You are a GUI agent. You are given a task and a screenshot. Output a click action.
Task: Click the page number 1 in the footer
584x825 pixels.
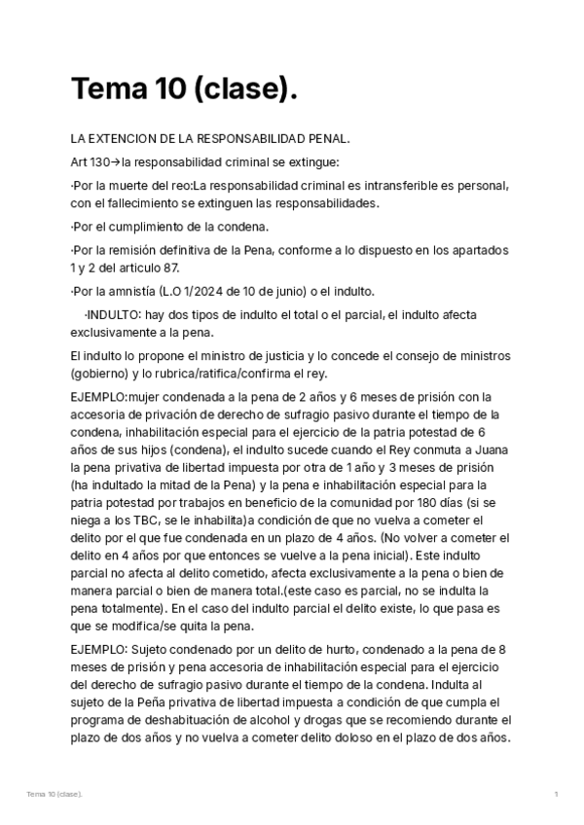point(556,795)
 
